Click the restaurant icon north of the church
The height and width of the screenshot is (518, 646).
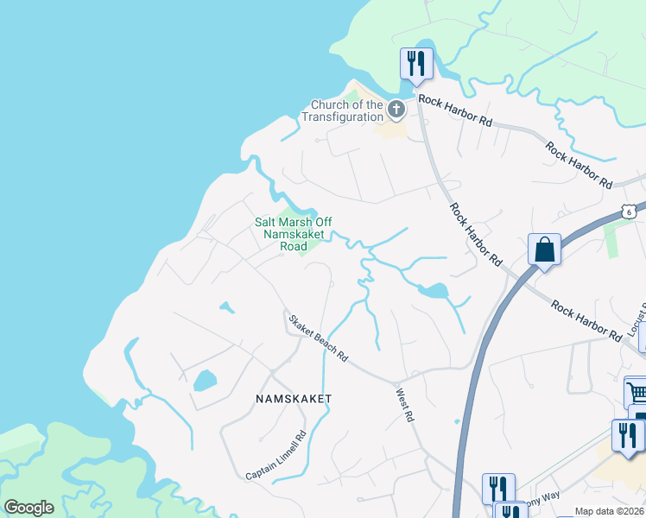click(415, 64)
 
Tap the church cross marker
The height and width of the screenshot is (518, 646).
click(396, 109)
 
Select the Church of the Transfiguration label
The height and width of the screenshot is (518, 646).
click(347, 111)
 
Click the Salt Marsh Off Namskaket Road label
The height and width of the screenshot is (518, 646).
click(282, 234)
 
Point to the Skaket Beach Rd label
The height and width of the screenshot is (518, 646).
click(318, 338)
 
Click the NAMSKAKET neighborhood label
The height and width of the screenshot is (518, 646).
click(293, 398)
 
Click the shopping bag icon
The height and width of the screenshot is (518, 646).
click(544, 250)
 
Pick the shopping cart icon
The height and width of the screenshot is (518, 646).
click(636, 394)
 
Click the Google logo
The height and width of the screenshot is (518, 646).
click(28, 508)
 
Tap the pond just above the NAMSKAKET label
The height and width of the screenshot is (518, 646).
click(205, 380)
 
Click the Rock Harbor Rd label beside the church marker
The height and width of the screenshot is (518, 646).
click(455, 111)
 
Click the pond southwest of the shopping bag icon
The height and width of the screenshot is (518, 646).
click(433, 291)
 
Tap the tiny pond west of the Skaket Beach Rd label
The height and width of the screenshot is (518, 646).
click(225, 306)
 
